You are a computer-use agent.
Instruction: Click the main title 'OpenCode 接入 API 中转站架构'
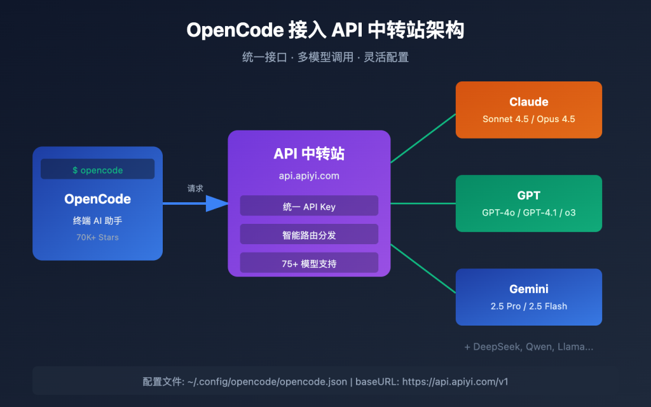(325, 31)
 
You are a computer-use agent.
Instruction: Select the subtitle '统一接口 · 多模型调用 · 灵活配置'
(325, 57)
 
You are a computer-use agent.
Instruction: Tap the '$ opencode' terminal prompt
(97, 170)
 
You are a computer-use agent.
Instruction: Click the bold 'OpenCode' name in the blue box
(97, 199)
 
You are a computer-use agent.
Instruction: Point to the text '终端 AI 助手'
(97, 221)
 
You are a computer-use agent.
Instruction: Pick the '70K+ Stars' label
(97, 237)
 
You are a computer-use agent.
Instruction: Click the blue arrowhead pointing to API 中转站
(217, 203)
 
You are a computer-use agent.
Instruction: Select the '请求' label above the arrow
(195, 188)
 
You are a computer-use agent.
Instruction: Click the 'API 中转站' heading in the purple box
(309, 154)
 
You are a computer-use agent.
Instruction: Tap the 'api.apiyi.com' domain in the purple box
(309, 176)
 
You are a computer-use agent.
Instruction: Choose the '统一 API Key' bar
(309, 205)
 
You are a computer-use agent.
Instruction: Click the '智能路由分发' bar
(309, 235)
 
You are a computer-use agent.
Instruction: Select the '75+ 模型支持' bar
(309, 263)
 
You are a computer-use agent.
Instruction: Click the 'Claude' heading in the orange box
(528, 102)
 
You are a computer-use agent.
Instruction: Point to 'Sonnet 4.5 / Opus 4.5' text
(528, 119)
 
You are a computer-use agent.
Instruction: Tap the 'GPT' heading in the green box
(528, 195)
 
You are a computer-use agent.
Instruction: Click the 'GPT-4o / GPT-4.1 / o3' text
(528, 212)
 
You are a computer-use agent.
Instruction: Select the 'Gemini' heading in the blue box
(528, 289)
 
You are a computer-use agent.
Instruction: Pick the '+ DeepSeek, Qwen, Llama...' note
(528, 347)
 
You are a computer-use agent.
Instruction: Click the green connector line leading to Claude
(423, 138)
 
